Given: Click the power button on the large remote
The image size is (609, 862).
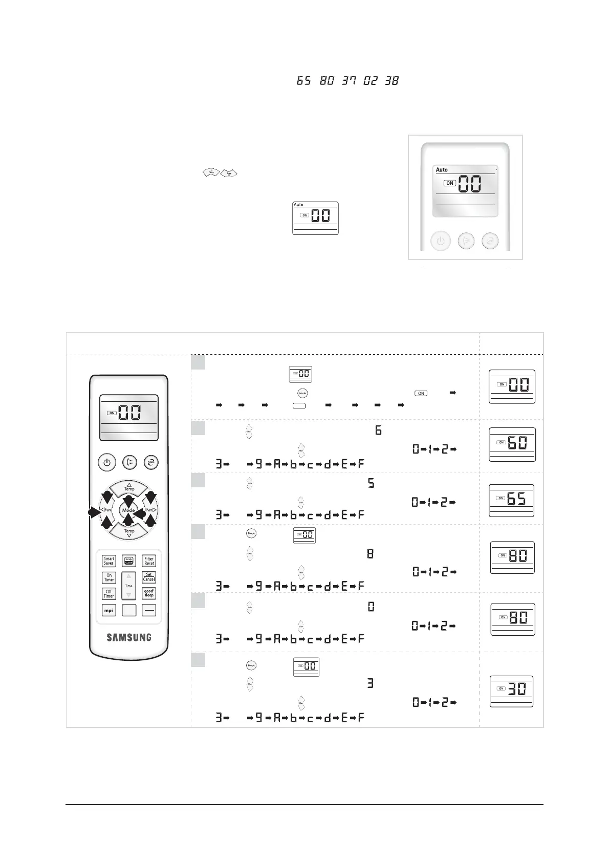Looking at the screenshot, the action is point(106,463).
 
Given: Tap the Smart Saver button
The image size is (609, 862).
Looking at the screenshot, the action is point(108,561).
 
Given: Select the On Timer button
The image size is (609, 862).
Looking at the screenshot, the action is point(108,577).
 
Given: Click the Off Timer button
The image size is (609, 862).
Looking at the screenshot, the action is point(108,594).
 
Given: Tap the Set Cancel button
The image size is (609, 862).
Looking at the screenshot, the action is point(149,577).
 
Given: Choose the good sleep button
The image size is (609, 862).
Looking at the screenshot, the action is point(149,594).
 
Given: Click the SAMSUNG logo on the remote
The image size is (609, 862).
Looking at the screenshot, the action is point(129,637).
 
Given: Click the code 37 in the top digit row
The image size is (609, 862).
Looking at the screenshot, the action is point(349,80).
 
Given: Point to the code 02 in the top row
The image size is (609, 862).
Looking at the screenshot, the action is point(370,80).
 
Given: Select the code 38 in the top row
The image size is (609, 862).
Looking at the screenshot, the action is point(391,80).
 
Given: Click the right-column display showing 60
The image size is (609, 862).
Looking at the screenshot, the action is point(512,444).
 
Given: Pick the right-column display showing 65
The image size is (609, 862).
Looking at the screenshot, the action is point(512,500).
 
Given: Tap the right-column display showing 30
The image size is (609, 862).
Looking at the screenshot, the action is point(512,691).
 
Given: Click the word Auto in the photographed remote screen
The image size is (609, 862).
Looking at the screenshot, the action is point(442,170).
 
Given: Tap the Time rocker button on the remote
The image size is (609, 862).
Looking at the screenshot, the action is point(129,586).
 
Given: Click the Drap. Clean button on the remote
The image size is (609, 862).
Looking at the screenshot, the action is point(129,561).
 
